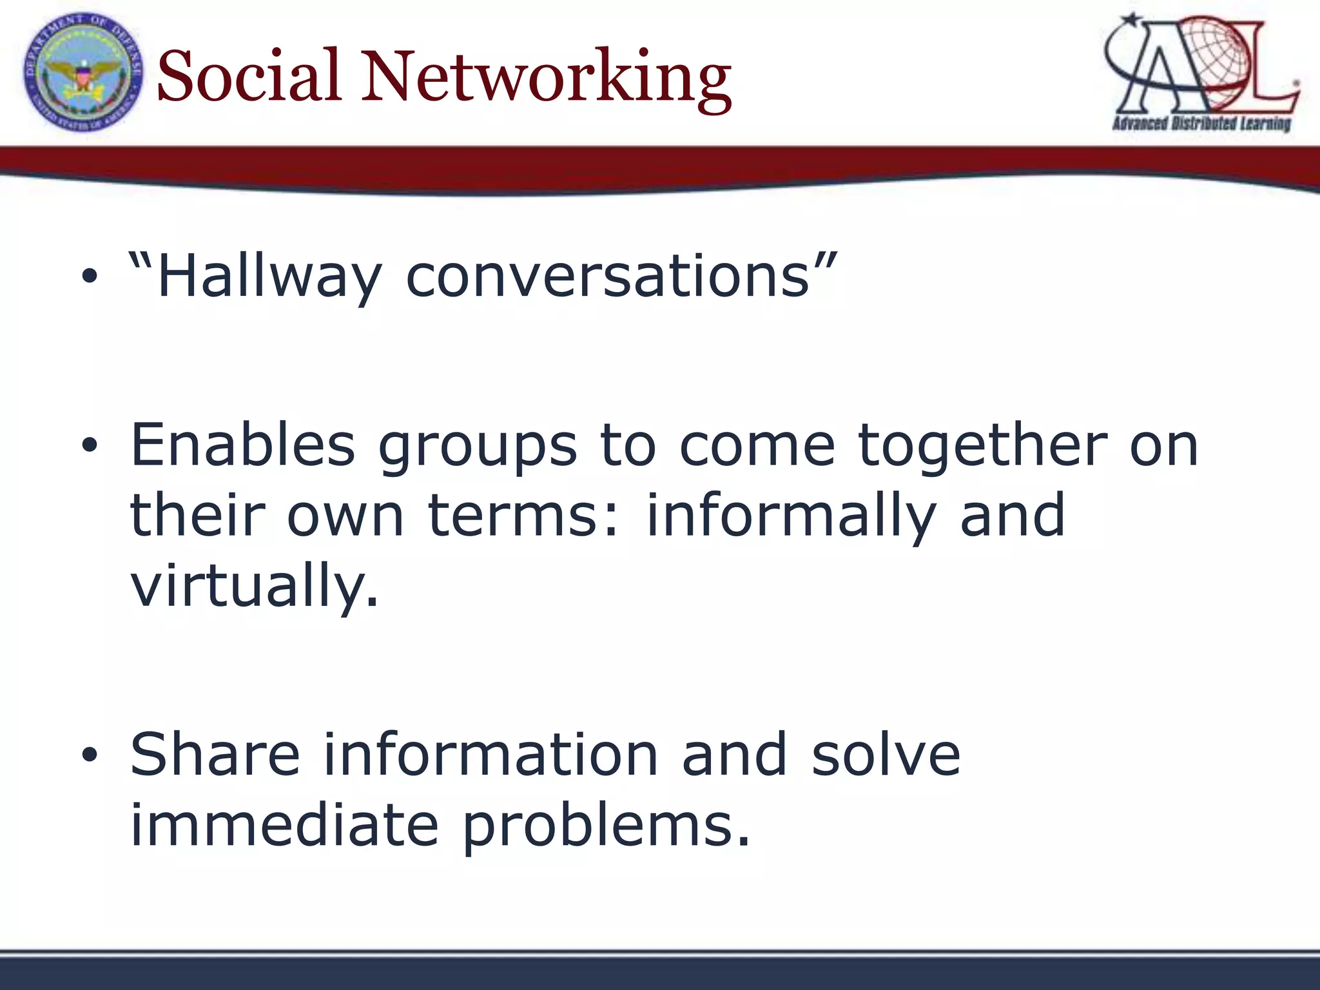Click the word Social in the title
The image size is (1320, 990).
(x=248, y=76)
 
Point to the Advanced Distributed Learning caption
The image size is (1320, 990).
(x=1201, y=123)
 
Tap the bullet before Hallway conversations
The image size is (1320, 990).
(x=90, y=278)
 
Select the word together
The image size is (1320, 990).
(x=982, y=447)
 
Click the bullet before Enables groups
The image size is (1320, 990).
(x=90, y=445)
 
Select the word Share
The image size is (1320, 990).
(x=215, y=755)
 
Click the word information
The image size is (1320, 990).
(x=490, y=755)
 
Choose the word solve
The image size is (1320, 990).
(x=886, y=755)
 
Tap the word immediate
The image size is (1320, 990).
(x=284, y=826)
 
